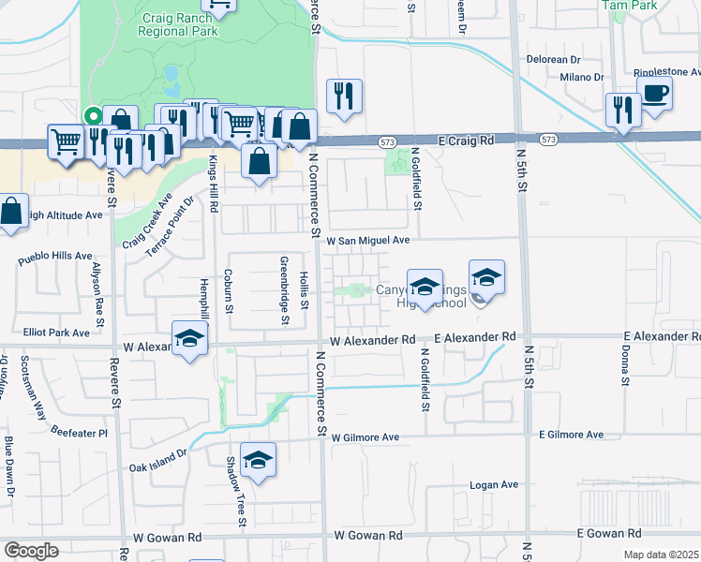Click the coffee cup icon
[655, 93]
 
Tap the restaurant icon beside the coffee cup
[622, 109]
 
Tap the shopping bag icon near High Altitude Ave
[10, 211]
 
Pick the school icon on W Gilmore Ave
[258, 460]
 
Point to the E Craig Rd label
[467, 140]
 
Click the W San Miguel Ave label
[368, 241]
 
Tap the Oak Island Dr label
[158, 458]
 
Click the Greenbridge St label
[283, 290]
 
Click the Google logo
[31, 551]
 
